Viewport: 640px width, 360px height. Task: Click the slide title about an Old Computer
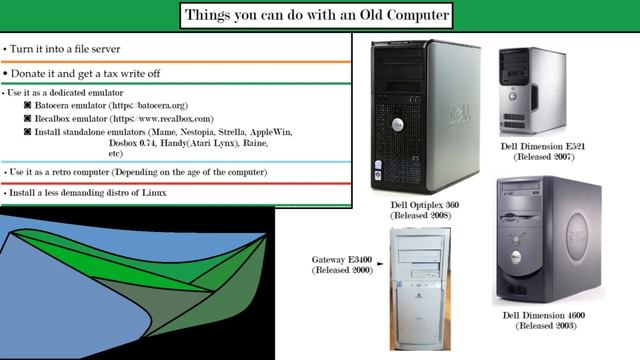(x=319, y=15)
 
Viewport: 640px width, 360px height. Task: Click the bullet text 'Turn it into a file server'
(x=70, y=48)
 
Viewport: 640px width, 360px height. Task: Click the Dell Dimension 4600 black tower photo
(x=543, y=240)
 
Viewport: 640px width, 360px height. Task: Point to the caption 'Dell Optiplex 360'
(x=426, y=204)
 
